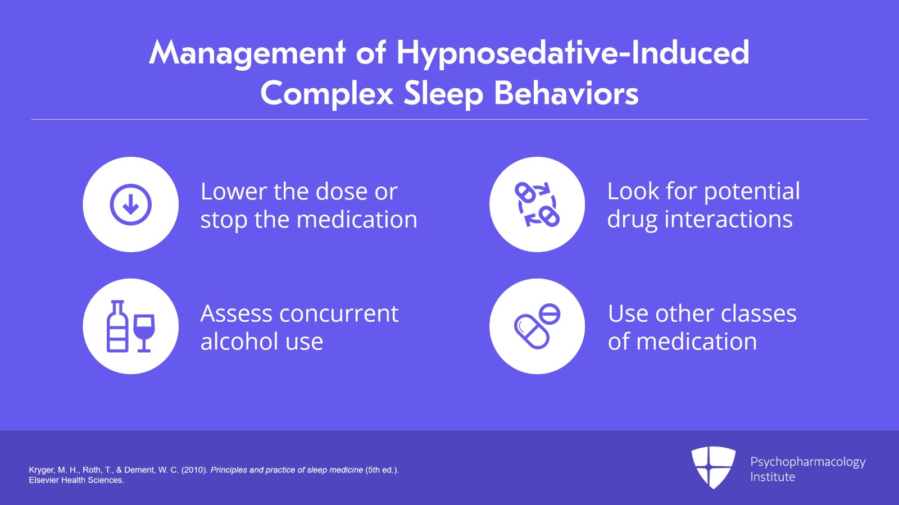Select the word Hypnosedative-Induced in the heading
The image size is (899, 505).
tap(573, 53)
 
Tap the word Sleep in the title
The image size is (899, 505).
tap(443, 94)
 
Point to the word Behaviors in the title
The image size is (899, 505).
tap(566, 94)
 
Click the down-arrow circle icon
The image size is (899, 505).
tap(130, 204)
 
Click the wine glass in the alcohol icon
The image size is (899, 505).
tap(144, 331)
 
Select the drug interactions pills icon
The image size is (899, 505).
tap(537, 204)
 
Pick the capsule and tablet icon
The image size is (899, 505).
tap(537, 326)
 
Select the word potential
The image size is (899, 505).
tap(752, 192)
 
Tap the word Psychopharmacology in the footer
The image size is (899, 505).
tap(807, 462)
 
